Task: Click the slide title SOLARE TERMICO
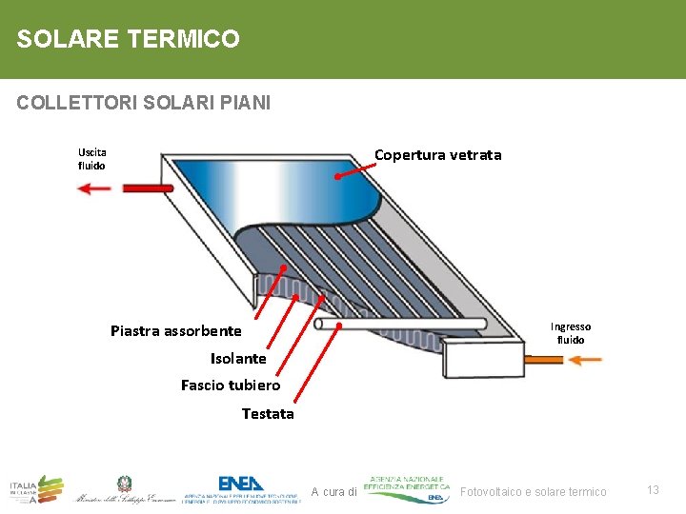click(x=129, y=39)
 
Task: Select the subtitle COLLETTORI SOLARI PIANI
click(x=144, y=102)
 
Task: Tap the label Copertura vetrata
click(x=437, y=155)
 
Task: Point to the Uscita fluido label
click(x=92, y=159)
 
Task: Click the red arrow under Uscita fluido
click(x=94, y=188)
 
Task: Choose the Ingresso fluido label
click(x=572, y=333)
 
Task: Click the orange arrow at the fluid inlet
click(x=585, y=360)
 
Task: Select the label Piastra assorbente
click(x=176, y=331)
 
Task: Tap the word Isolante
click(x=238, y=359)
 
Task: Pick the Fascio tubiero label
click(x=231, y=385)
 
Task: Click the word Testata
click(x=268, y=414)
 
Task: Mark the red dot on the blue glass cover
click(x=338, y=175)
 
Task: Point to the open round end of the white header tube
click(x=319, y=324)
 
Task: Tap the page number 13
click(x=654, y=489)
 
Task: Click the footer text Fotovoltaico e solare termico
click(x=533, y=491)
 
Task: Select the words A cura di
click(x=333, y=491)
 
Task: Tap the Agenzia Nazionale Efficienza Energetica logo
click(x=407, y=487)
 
